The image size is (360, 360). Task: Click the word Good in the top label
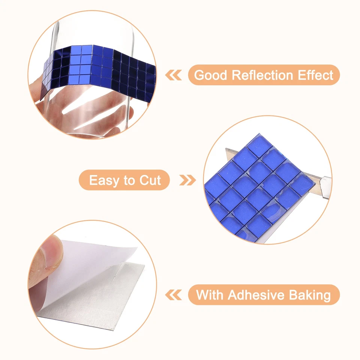211,75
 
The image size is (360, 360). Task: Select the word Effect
315,75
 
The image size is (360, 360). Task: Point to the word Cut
150,181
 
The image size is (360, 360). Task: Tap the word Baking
310,295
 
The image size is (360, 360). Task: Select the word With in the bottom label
210,295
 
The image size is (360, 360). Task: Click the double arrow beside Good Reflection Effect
174,75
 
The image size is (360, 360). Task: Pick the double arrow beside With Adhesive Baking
174,295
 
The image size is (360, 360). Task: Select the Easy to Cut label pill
124,181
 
